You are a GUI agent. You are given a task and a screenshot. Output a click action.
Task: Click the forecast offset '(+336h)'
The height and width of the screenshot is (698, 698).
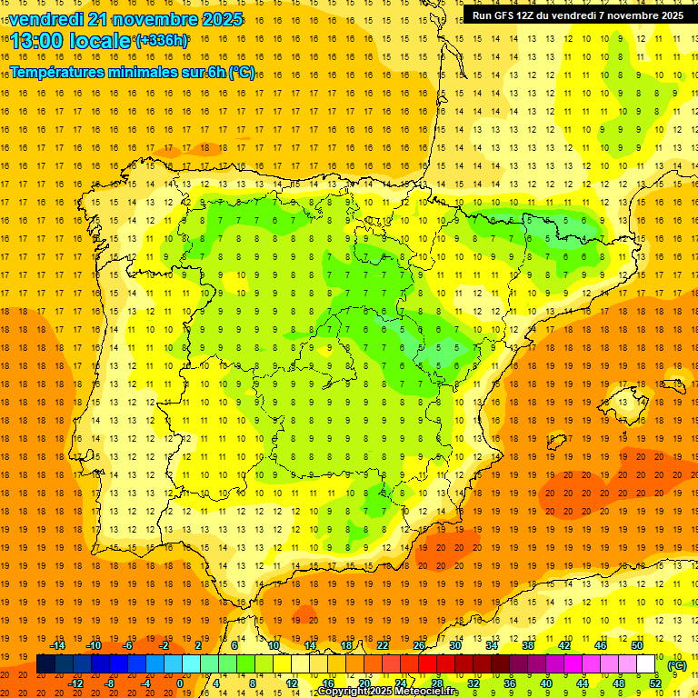pos(163,41)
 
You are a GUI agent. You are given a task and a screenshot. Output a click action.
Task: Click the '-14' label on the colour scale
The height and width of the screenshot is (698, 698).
pos(58,645)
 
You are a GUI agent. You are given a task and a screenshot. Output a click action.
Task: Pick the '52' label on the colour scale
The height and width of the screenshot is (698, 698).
pos(655,683)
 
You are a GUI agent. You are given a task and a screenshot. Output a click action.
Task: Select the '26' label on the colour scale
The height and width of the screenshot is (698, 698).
pos(419,645)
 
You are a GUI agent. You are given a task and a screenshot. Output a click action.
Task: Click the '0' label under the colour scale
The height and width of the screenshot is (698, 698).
pos(180,683)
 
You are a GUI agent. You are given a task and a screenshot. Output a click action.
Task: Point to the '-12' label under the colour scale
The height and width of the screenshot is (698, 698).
pos(76,683)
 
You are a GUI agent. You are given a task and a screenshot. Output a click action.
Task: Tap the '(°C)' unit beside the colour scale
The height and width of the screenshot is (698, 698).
pos(677,665)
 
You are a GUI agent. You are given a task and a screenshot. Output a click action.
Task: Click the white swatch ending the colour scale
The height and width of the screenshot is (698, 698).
pos(646,664)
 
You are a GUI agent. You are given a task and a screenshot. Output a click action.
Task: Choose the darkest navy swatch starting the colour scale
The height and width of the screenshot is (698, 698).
pos(45,664)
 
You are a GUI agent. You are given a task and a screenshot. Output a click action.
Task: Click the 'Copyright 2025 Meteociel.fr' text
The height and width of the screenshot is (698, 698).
pos(387,692)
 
